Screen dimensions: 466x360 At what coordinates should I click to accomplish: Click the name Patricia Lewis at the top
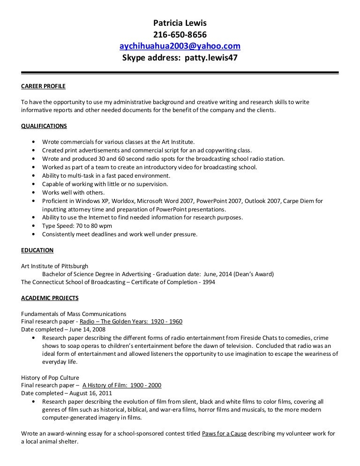[x=180, y=23]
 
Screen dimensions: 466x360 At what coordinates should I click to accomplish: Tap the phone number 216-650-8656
[x=180, y=35]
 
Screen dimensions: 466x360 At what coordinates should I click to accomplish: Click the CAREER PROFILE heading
[x=44, y=87]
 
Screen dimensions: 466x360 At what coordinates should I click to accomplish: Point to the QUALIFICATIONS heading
[x=44, y=126]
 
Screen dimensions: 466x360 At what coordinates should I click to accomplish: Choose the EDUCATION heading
[x=37, y=250]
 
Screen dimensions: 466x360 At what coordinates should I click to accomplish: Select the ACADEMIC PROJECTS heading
[x=50, y=298]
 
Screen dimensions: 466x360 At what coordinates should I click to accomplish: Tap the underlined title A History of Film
[x=121, y=385]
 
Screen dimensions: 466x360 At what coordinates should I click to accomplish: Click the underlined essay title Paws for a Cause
[x=224, y=434]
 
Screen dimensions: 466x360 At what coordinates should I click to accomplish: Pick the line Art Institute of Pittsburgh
[x=54, y=266]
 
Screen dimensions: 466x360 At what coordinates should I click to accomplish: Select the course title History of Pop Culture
[x=50, y=377]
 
